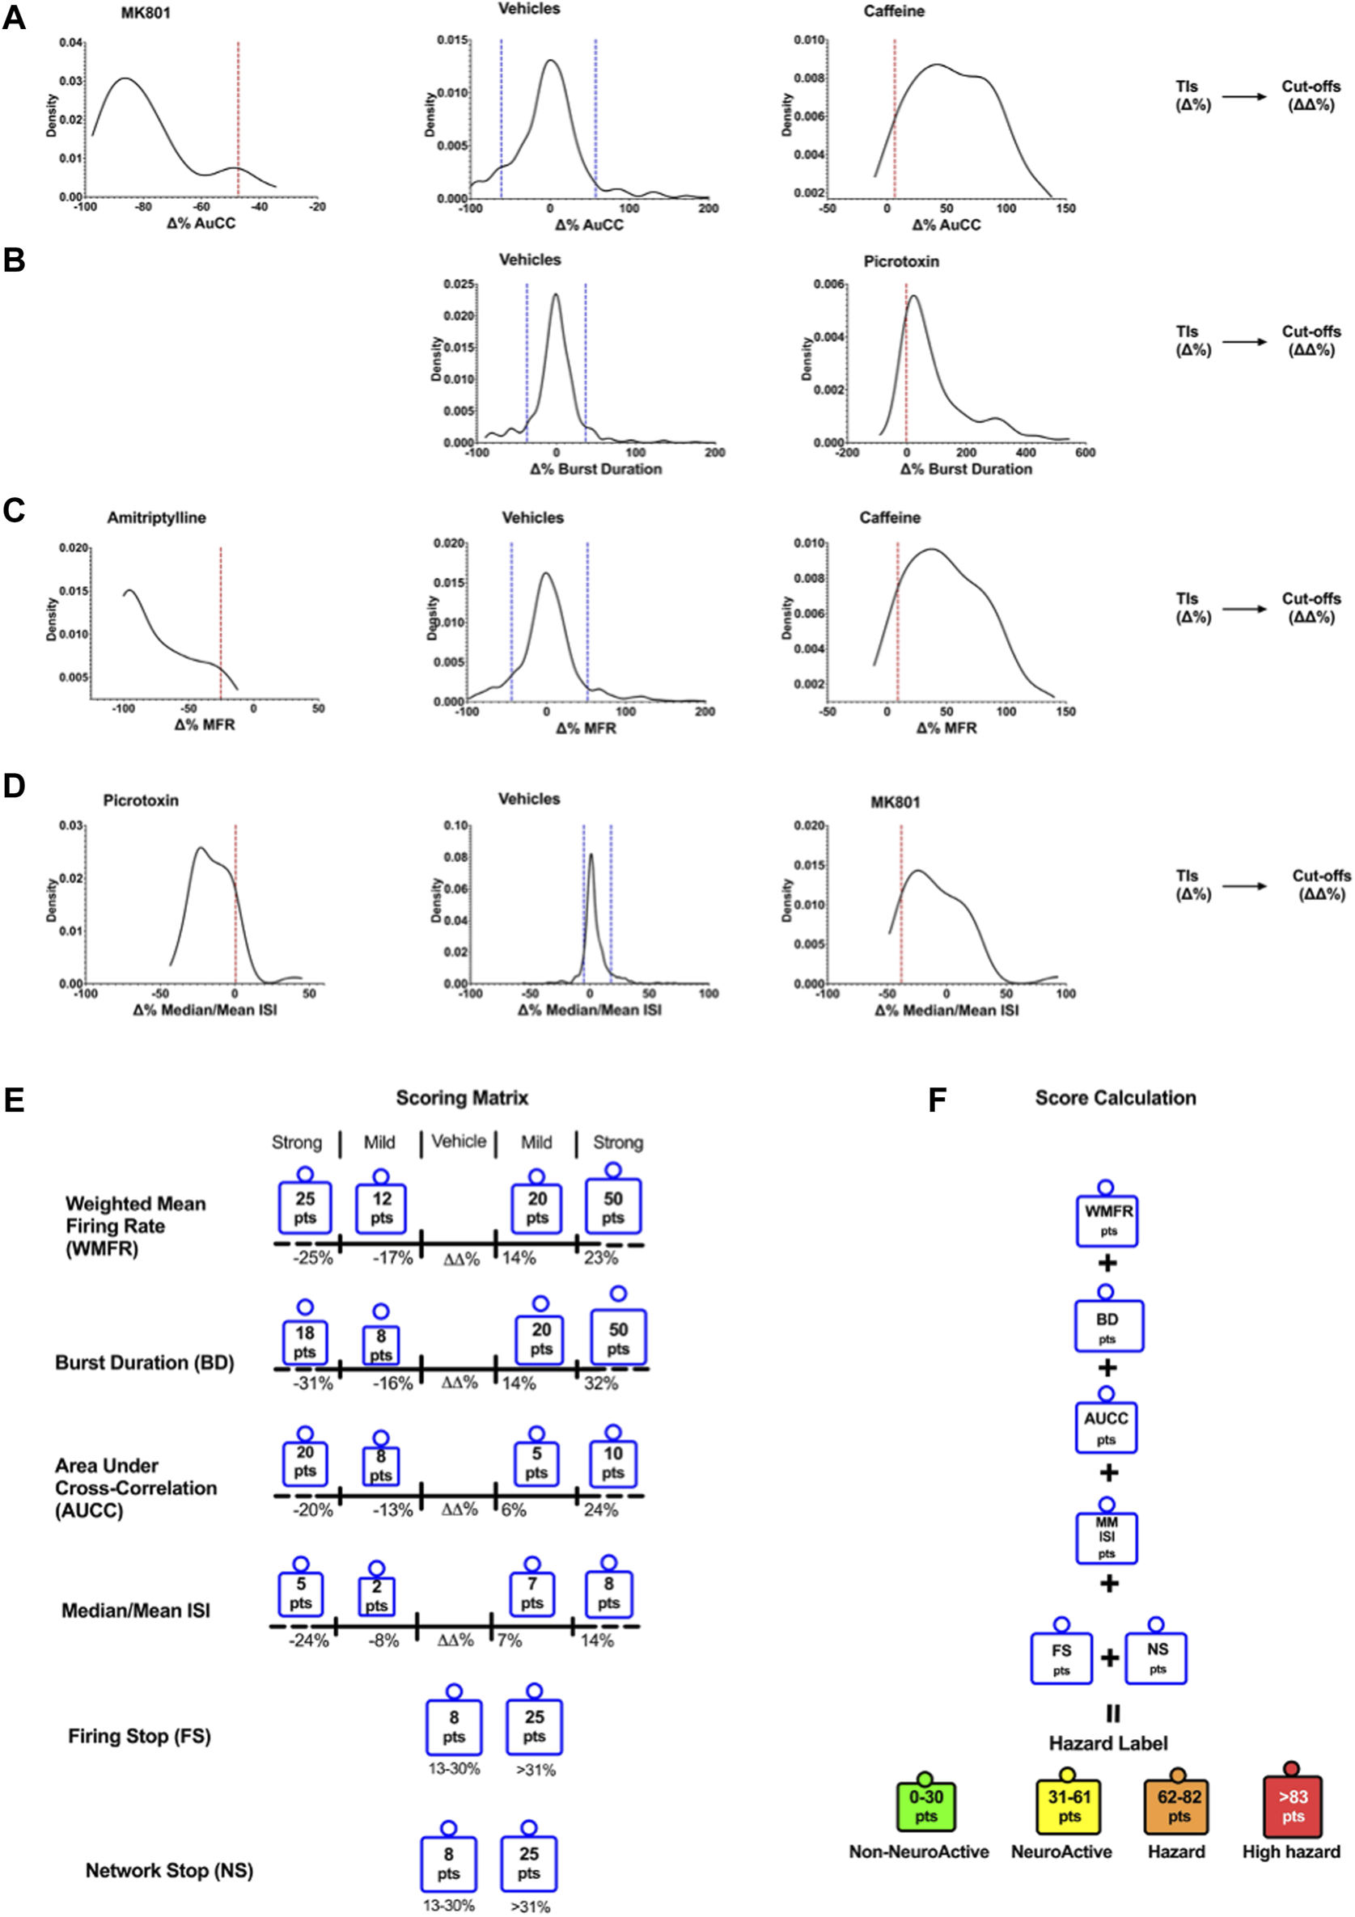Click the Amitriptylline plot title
click(x=156, y=517)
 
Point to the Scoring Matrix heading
click(x=462, y=1098)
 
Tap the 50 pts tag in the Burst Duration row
click(x=618, y=1338)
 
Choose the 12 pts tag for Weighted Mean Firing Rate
click(x=382, y=1207)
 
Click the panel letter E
click(x=15, y=1100)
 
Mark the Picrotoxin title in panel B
click(x=900, y=261)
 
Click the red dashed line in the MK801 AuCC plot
click(x=238, y=117)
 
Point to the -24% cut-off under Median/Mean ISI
click(x=309, y=1640)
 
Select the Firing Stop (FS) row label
click(x=139, y=1736)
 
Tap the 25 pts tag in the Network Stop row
click(x=528, y=1863)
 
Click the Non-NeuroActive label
click(x=919, y=1852)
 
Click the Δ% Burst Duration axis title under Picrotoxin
click(x=966, y=469)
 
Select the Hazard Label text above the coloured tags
click(x=1108, y=1743)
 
